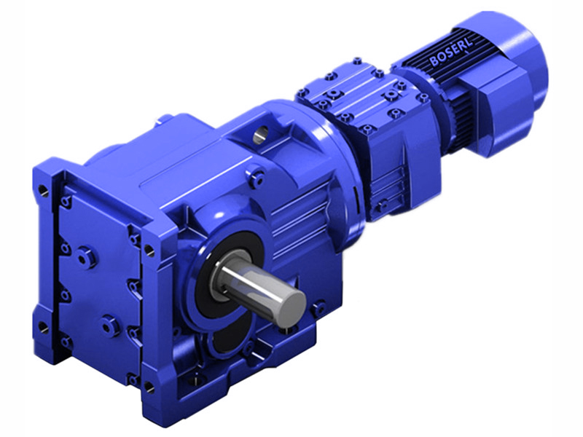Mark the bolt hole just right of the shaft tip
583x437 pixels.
pyautogui.click(x=318, y=310)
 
